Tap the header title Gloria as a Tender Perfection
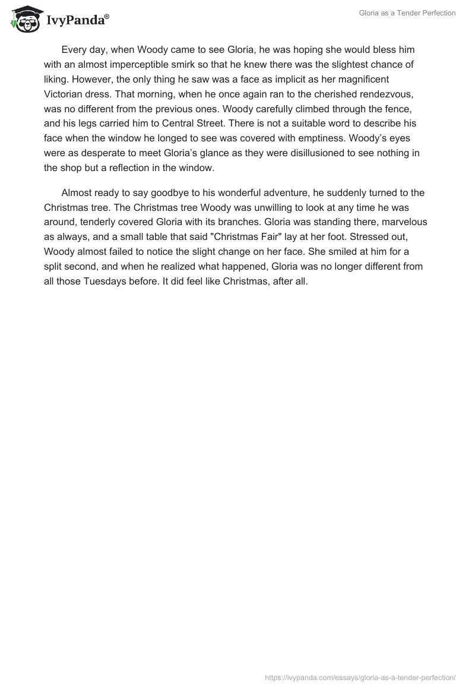[407, 13]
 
